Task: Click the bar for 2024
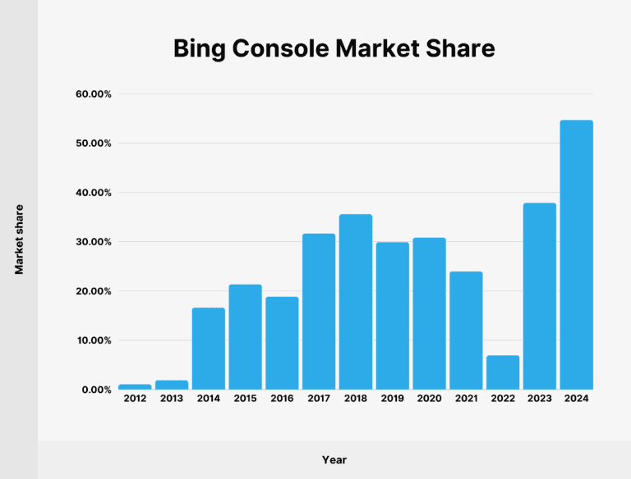pos(576,255)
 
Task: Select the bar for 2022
pos(503,372)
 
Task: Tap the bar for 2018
pos(356,302)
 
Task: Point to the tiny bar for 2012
pos(135,386)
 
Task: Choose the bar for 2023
pos(540,296)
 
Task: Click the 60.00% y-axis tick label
pos(94,94)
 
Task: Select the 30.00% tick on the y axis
pos(94,242)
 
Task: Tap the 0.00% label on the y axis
pos(96,390)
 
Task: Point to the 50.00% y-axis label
pos(94,144)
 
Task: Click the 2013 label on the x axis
pos(172,399)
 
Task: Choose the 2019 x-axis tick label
pos(393,399)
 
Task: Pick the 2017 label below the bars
pos(319,399)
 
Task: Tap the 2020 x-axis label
pos(429,399)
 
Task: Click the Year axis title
pos(334,459)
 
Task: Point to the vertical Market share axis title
pos(18,239)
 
